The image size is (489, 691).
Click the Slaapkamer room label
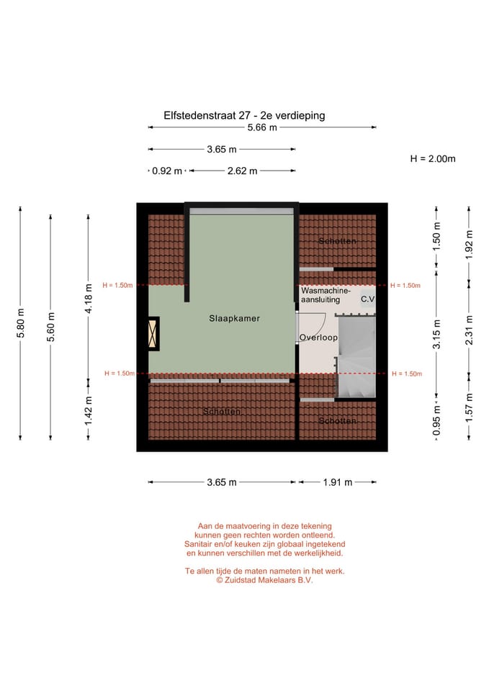(235, 317)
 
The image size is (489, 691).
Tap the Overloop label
(318, 337)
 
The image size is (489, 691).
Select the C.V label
(368, 299)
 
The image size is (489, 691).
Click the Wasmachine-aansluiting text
(326, 294)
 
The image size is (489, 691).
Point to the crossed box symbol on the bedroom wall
(153, 335)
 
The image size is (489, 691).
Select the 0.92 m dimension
(167, 171)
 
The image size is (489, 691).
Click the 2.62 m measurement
(242, 171)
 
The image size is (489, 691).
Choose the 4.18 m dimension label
(88, 299)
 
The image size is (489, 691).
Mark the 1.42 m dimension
(88, 410)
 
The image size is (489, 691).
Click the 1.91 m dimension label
(337, 482)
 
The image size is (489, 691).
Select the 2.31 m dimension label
(469, 330)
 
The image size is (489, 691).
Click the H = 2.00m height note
(433, 158)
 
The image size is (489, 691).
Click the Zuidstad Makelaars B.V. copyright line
(264, 580)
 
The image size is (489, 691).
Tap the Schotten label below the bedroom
(221, 411)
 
